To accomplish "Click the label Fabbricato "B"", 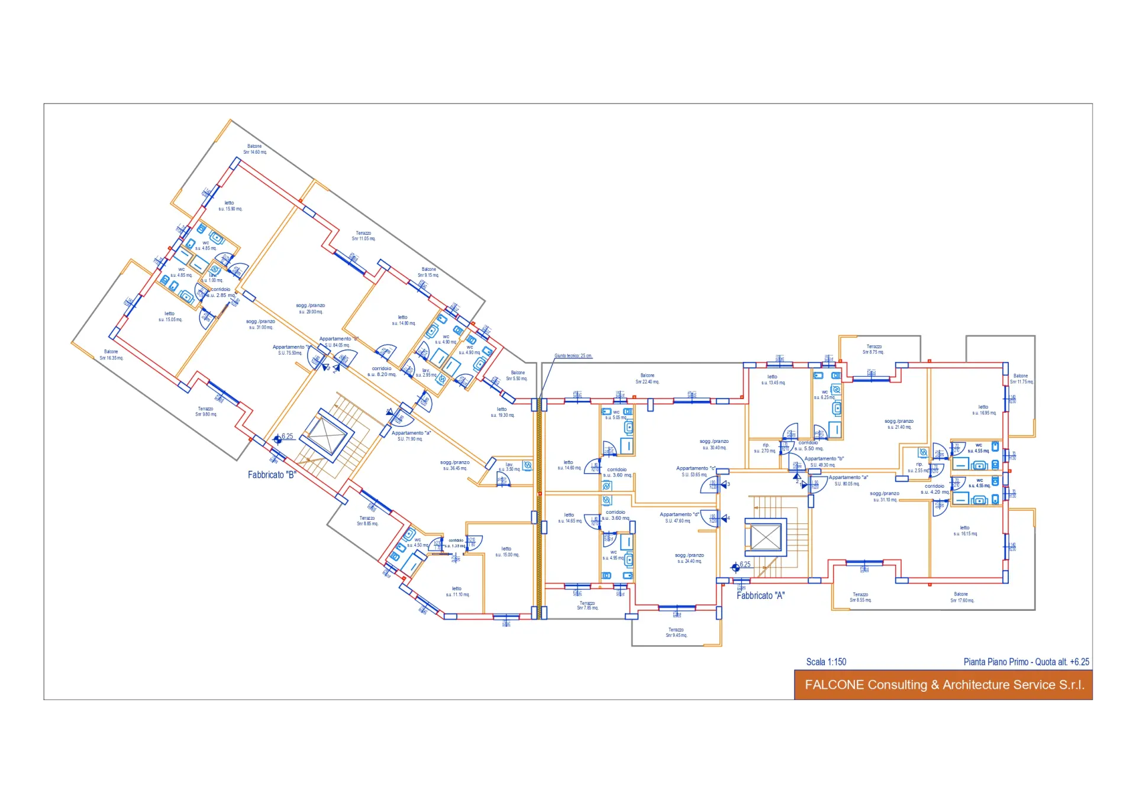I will pyautogui.click(x=272, y=475).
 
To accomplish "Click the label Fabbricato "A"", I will pyautogui.click(x=760, y=596).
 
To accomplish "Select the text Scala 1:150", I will pyautogui.click(x=826, y=662).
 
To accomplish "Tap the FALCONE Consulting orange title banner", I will pyautogui.click(x=943, y=685).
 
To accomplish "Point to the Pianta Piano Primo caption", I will pyautogui.click(x=1026, y=662).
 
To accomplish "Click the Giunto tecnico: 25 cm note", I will pyautogui.click(x=573, y=356).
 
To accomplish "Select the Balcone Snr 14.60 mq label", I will pyautogui.click(x=255, y=149).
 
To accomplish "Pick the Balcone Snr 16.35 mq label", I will pyautogui.click(x=111, y=355).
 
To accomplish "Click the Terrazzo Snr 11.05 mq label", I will pyautogui.click(x=363, y=236).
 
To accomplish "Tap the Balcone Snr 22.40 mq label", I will pyautogui.click(x=647, y=378).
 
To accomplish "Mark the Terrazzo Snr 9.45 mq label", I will pyautogui.click(x=676, y=633).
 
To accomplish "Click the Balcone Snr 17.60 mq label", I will pyautogui.click(x=962, y=597).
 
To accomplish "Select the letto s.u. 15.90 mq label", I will pyautogui.click(x=230, y=206).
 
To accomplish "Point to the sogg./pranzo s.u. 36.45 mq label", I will pyautogui.click(x=455, y=465).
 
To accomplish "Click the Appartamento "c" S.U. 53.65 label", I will pyautogui.click(x=695, y=471).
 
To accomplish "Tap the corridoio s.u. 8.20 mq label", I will pyautogui.click(x=382, y=371).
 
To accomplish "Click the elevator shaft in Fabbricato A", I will pyautogui.click(x=766, y=538).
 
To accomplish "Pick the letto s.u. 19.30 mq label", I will pyautogui.click(x=502, y=412).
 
